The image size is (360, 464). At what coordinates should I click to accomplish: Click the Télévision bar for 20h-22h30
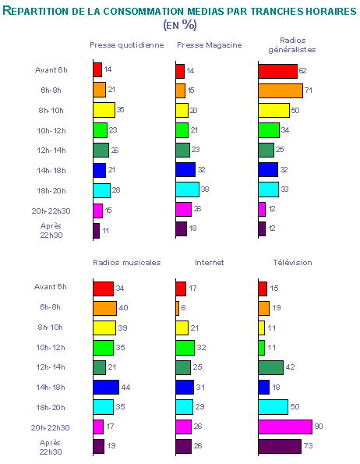point(285,427)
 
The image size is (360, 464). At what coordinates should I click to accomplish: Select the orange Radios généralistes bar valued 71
point(281,90)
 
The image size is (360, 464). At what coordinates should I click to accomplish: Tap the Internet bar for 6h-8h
point(178,308)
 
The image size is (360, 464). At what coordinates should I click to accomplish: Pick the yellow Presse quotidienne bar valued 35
point(104,110)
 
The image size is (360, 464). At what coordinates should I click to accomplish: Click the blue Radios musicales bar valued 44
point(106,387)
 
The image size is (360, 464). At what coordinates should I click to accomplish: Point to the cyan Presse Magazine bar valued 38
point(187,189)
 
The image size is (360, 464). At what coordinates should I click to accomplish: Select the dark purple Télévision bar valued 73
point(280,446)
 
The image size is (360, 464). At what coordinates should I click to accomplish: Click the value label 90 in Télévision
point(319,426)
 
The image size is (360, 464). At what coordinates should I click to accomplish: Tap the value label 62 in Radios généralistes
point(302,70)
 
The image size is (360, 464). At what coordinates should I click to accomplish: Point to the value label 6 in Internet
point(183,308)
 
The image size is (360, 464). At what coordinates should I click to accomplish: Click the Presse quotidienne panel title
point(127,45)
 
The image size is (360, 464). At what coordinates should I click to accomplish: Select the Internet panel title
point(210,263)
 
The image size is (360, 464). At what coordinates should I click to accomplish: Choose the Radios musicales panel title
point(127,263)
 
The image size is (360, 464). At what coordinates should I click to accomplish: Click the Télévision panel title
point(292,263)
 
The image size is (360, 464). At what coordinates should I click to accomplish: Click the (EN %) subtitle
point(180,25)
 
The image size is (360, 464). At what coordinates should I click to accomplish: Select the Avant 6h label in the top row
point(51,70)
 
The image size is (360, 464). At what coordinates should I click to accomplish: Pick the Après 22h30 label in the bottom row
point(51,447)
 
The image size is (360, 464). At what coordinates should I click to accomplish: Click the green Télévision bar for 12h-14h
point(270,367)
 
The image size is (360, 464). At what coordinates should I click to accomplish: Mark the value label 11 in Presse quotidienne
point(106,231)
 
